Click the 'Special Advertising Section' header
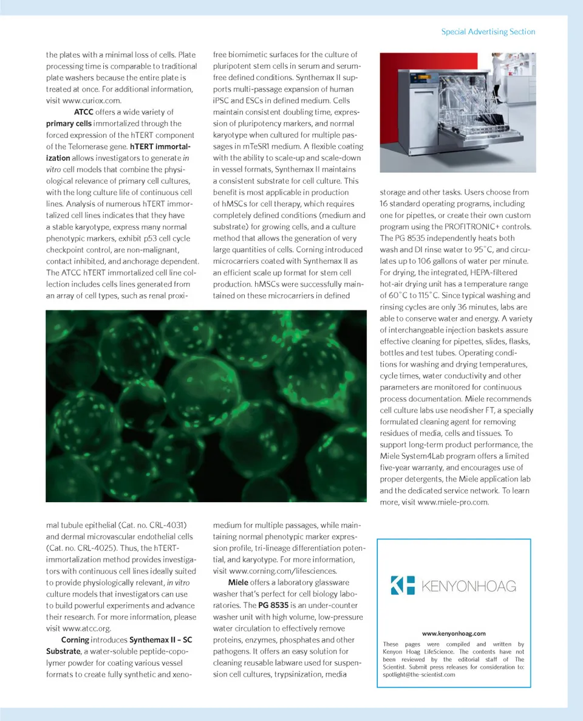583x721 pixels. click(x=488, y=32)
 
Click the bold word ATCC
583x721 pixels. click(x=83, y=112)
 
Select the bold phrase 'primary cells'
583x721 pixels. click(x=69, y=123)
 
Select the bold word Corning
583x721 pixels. click(x=75, y=640)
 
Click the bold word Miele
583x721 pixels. click(x=238, y=582)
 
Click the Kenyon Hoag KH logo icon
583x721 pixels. click(x=402, y=585)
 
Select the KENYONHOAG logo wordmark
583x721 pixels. click(x=468, y=586)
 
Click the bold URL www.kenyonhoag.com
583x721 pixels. click(x=454, y=633)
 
